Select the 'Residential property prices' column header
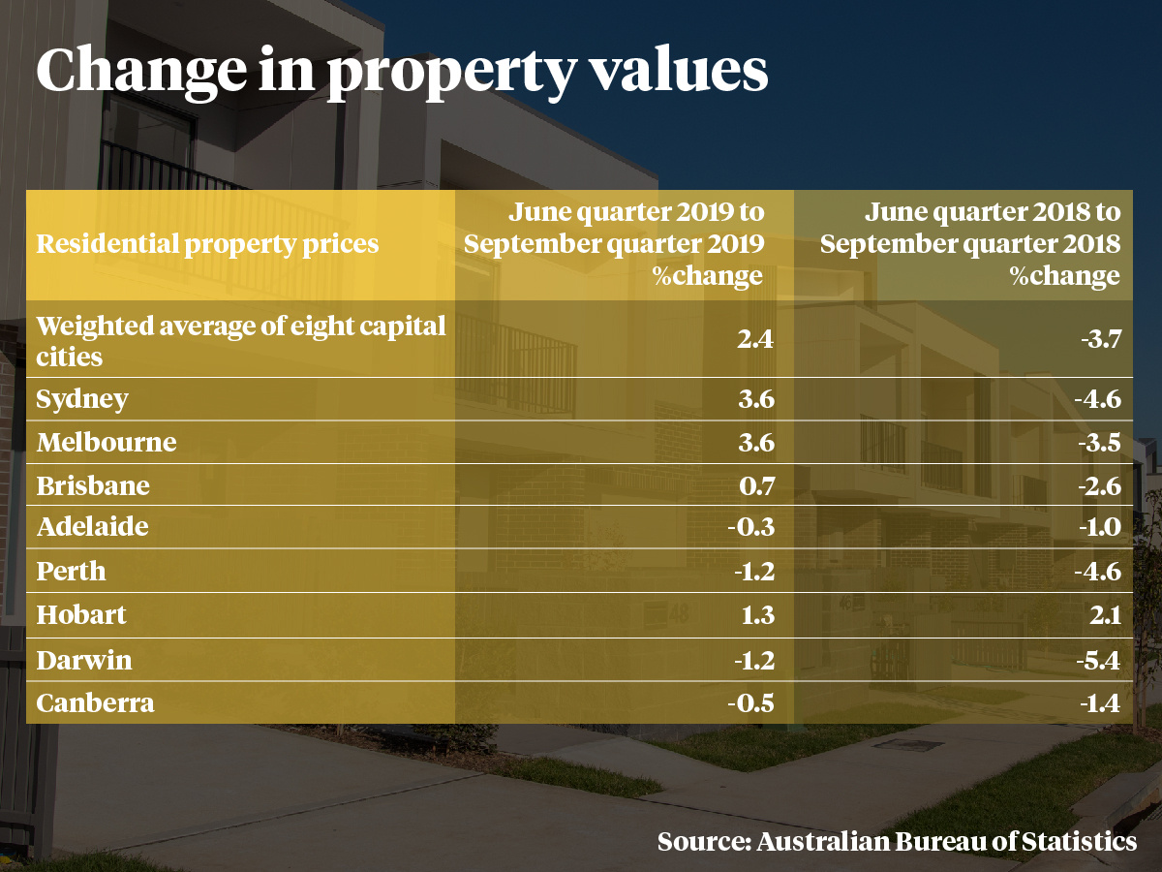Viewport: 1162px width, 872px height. (x=207, y=243)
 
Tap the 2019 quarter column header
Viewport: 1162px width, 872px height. (x=614, y=243)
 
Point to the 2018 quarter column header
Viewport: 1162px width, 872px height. (x=970, y=243)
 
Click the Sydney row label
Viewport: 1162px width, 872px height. (x=82, y=399)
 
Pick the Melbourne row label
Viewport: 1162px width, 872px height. (x=107, y=443)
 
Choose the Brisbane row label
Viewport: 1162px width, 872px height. (x=93, y=485)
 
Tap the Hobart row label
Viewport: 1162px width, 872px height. (x=81, y=615)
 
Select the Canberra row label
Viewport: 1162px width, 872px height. (x=95, y=702)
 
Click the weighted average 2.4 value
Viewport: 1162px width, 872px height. (x=755, y=340)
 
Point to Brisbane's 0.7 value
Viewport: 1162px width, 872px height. (x=755, y=485)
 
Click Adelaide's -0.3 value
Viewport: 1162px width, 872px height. (x=752, y=528)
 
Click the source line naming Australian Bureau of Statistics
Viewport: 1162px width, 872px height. (x=897, y=841)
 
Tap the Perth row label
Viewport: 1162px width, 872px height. (x=71, y=571)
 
